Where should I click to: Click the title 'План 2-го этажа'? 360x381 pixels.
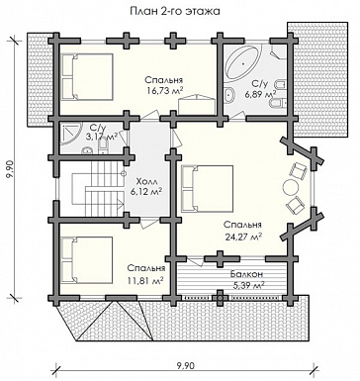[175, 11]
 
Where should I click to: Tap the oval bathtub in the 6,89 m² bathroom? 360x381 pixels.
[243, 62]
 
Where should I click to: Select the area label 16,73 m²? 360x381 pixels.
[165, 91]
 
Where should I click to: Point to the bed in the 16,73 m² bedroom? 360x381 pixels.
[87, 76]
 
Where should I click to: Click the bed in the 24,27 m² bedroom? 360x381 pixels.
[207, 188]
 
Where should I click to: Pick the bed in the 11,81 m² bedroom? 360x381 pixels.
[87, 259]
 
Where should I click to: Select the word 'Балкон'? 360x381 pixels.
[246, 274]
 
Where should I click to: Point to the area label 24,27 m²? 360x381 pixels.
[243, 237]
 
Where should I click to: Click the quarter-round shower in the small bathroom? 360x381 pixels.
[70, 135]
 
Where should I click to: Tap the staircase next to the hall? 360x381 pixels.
[97, 190]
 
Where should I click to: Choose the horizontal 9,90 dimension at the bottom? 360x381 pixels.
[186, 365]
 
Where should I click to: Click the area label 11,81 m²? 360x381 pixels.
[145, 281]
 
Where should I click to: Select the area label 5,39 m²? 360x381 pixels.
[249, 286]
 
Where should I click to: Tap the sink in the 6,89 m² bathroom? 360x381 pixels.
[228, 95]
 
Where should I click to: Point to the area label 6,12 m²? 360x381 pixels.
[146, 192]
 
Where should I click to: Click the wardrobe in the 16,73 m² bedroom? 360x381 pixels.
[197, 106]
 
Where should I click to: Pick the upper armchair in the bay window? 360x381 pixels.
[298, 171]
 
